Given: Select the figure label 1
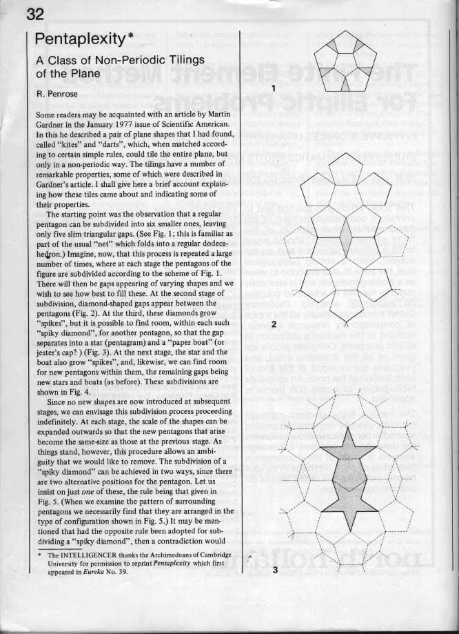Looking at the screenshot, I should click(274, 88).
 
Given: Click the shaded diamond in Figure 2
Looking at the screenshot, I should click(351, 245).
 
